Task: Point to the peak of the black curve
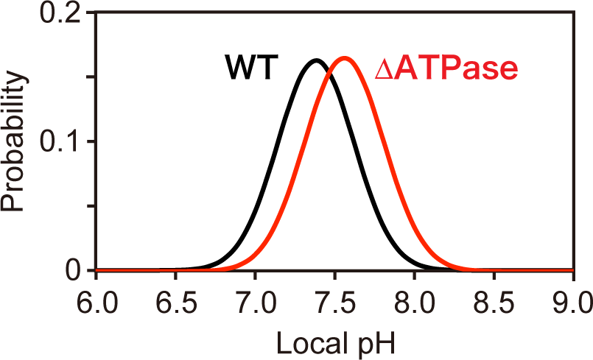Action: [315, 60]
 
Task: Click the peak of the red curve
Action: [345, 58]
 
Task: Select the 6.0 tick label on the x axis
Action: [97, 301]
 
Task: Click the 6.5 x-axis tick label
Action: [175, 301]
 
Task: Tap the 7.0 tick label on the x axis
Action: [255, 301]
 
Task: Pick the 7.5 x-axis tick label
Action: [334, 301]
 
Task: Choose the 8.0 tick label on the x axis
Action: [414, 301]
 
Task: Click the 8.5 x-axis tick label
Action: [494, 301]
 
